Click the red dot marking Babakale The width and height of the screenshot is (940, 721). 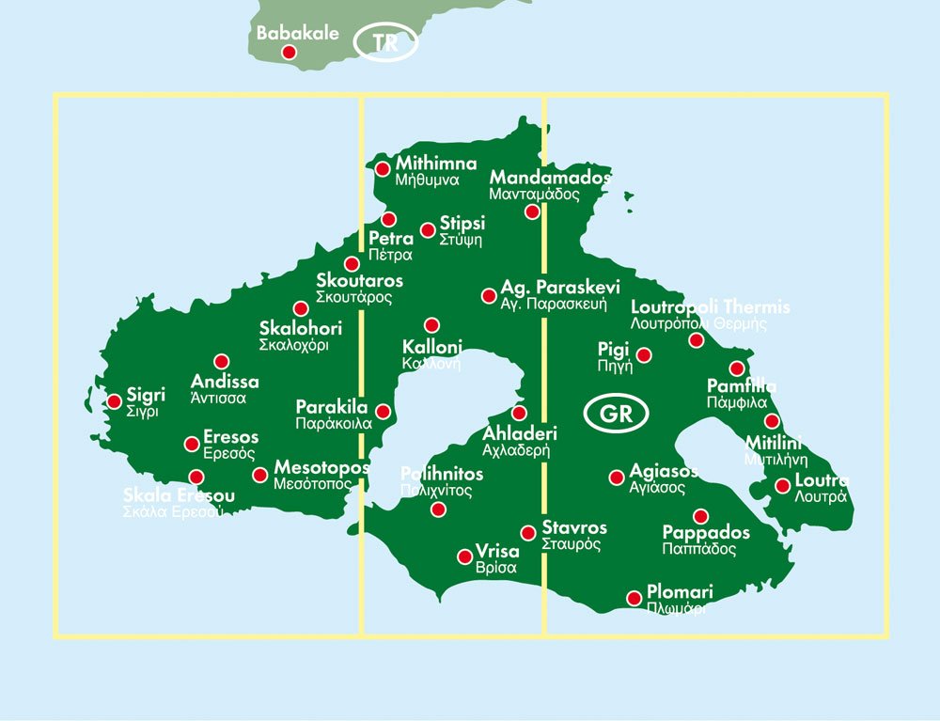[290, 53]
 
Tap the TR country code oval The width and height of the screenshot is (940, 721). [384, 43]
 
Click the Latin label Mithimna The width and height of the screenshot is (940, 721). [436, 162]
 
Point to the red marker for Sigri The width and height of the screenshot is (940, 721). [114, 401]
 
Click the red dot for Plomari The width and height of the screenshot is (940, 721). [634, 597]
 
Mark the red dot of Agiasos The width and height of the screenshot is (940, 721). [617, 478]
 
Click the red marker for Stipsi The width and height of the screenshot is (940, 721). [428, 229]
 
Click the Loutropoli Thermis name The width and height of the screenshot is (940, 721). [710, 307]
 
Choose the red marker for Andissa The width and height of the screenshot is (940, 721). [222, 361]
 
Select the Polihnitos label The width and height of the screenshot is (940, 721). [442, 474]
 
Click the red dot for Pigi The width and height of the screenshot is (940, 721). [645, 355]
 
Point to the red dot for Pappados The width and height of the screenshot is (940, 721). [700, 515]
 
